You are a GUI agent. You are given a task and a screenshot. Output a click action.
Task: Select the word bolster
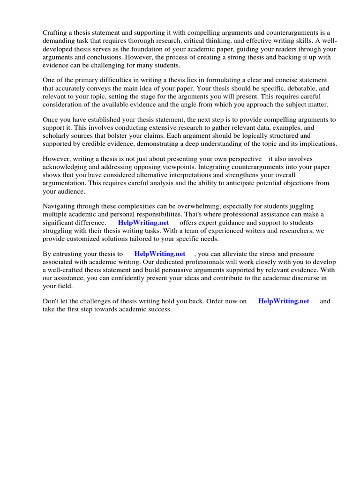click(130, 136)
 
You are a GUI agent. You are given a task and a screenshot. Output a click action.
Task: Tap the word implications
click(314, 144)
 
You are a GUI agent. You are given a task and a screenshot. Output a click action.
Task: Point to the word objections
click(297, 183)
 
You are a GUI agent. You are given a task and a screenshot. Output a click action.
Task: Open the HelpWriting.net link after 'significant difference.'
click(143, 223)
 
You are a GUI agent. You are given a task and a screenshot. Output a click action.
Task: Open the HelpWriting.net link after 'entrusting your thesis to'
click(159, 254)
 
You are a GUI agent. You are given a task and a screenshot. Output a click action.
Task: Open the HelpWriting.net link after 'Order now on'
click(284, 301)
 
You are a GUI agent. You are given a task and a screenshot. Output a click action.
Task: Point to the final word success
click(160, 309)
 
